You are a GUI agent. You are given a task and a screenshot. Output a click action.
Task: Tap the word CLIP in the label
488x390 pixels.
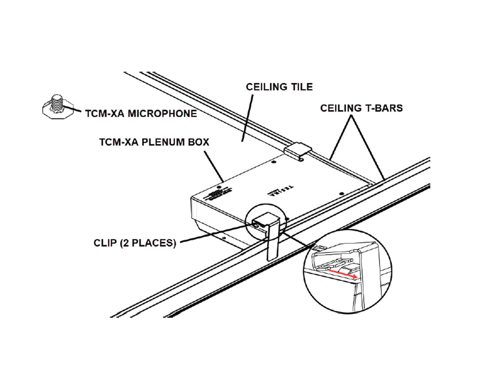pos(105,243)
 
